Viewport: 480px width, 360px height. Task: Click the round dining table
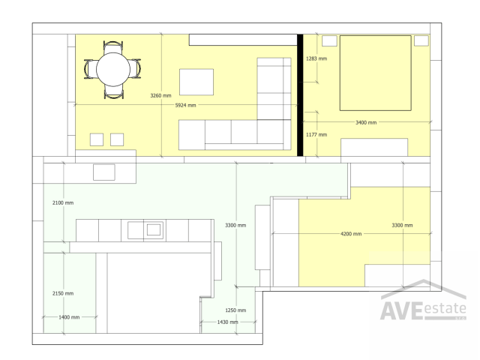pos(113,70)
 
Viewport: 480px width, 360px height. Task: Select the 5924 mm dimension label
pos(185,106)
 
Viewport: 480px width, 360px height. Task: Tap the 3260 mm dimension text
pos(160,96)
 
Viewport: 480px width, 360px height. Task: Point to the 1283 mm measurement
pos(316,58)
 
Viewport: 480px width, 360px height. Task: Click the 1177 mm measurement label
pos(316,134)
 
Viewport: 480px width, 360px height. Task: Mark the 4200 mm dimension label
pos(351,234)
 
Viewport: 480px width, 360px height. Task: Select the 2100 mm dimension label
pos(63,203)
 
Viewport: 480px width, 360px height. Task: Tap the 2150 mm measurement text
pos(63,293)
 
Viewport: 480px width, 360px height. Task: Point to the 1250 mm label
pos(235,310)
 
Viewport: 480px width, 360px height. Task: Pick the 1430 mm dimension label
pos(227,322)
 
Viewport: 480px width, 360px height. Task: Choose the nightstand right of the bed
pos(421,40)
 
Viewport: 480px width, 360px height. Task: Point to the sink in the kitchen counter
pos(154,229)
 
